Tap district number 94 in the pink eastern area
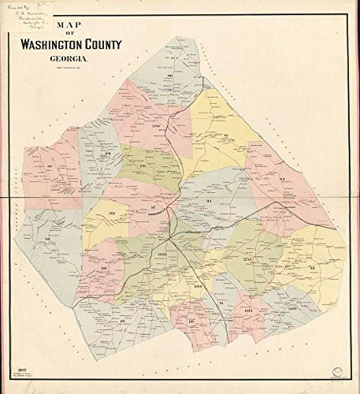tap(281, 180)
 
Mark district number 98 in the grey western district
tap(47, 239)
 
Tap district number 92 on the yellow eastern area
tap(313, 269)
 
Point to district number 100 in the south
tap(191, 321)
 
